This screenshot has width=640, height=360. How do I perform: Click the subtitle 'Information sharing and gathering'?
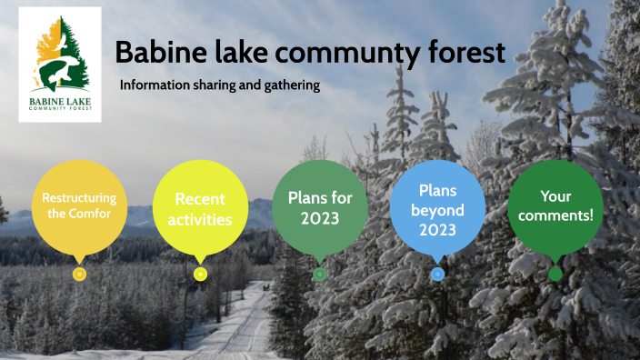(x=220, y=85)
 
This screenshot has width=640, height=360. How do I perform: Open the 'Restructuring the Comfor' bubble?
(x=79, y=205)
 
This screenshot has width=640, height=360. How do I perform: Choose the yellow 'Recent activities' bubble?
(x=199, y=209)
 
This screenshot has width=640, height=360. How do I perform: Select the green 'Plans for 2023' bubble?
(x=319, y=207)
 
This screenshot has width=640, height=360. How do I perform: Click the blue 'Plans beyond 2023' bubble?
(x=437, y=209)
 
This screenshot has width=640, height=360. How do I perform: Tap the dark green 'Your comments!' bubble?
(x=555, y=206)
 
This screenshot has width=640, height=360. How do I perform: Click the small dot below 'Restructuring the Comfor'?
(x=79, y=274)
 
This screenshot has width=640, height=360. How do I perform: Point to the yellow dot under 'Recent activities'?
(x=200, y=274)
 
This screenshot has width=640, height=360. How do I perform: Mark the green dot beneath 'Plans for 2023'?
(x=319, y=274)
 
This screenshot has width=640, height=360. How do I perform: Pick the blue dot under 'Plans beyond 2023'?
(x=437, y=274)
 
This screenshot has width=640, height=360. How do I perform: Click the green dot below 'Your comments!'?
(x=555, y=274)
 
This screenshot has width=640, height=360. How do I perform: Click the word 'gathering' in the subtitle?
(x=293, y=86)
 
